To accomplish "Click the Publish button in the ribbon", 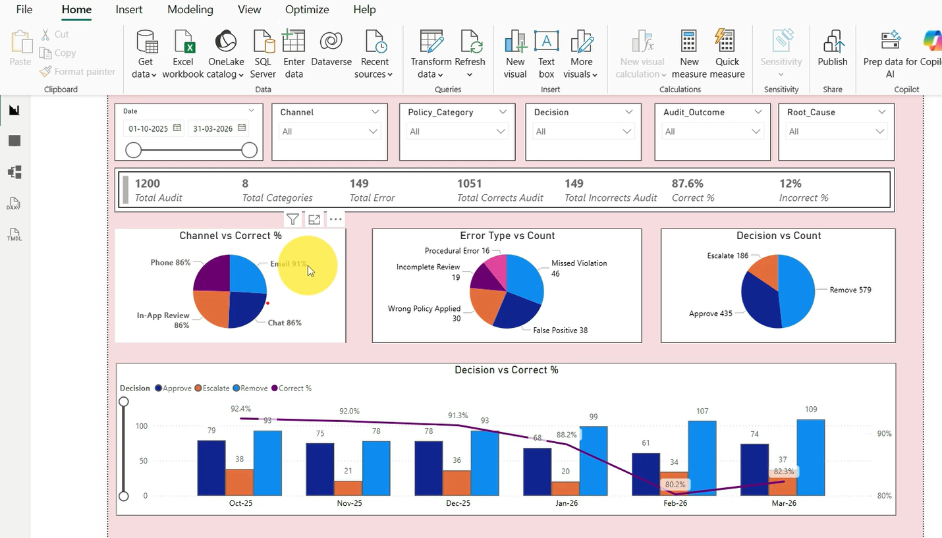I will pos(833,49).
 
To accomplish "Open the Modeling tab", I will pos(190,10).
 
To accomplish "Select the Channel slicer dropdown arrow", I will pos(374,112).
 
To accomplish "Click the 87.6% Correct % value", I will pos(688,184).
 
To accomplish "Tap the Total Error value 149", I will pos(359,184).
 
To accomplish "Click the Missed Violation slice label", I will pos(579,263).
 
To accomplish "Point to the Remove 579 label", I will pos(850,290).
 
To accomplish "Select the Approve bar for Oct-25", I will pos(211,468).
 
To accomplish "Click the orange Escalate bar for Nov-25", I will pos(347,488).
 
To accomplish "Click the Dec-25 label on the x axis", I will pos(458,503).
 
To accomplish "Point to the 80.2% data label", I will pos(675,485).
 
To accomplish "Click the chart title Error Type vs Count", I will pos(507,236).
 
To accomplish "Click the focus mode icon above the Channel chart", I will pos(314,219).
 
